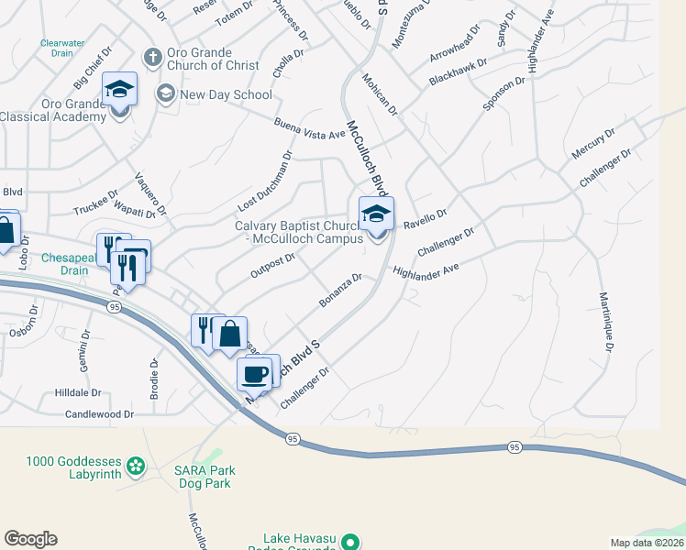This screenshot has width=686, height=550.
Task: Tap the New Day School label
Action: click(x=226, y=94)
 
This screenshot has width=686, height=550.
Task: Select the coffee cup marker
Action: click(x=254, y=374)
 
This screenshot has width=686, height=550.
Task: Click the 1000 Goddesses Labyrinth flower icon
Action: click(x=137, y=467)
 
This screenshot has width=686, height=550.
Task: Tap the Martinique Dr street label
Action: click(x=605, y=323)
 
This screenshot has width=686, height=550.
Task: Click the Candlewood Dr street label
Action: click(x=100, y=414)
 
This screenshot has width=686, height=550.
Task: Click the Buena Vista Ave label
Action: click(x=309, y=128)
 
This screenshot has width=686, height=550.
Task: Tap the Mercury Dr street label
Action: click(x=592, y=145)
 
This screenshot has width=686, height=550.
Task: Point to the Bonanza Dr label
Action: click(x=341, y=289)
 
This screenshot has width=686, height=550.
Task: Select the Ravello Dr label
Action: click(x=425, y=218)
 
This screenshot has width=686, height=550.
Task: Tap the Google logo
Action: click(x=30, y=539)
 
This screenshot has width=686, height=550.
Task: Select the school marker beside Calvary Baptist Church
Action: click(x=376, y=215)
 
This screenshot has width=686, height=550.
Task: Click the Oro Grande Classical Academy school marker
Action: click(x=119, y=91)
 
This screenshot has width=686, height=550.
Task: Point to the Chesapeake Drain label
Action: click(x=66, y=264)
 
